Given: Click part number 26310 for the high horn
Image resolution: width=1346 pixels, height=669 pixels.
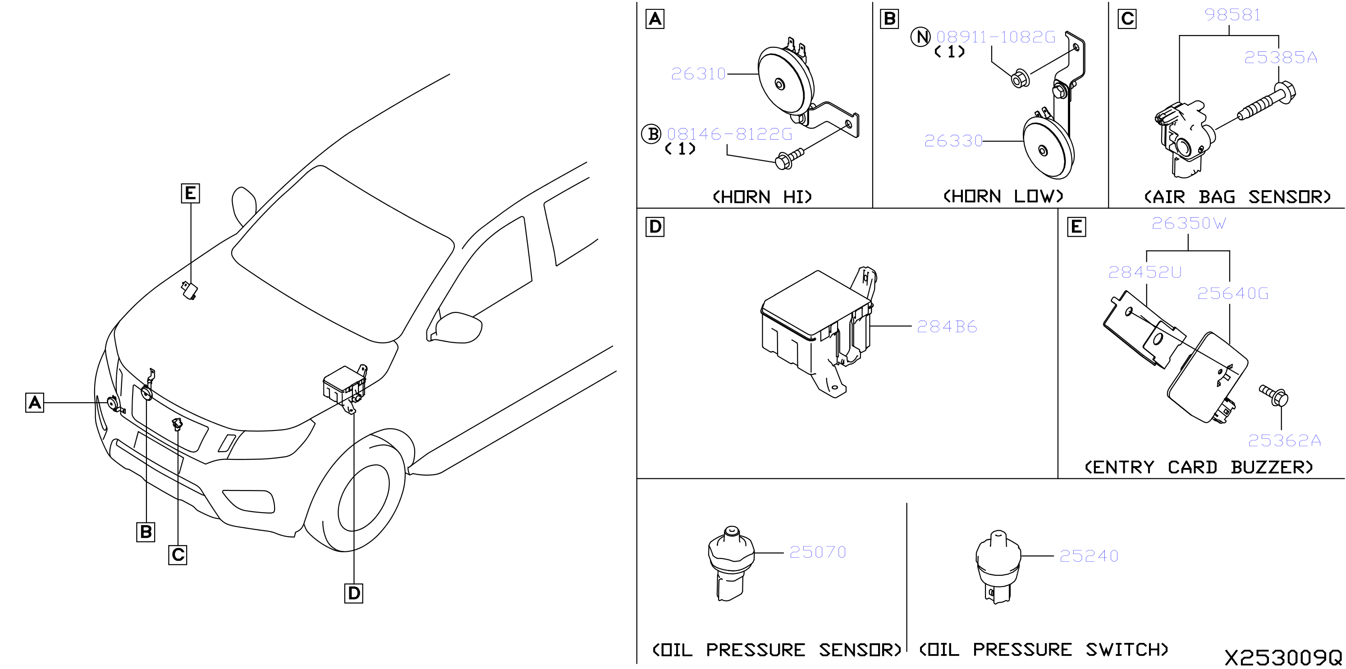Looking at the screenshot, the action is coord(698,73).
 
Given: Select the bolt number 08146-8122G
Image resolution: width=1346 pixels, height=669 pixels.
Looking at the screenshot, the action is coord(729,134).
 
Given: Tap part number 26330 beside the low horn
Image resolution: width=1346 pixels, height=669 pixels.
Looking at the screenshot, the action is coord(953,141).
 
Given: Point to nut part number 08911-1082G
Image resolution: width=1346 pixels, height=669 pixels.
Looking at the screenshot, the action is coord(996,37).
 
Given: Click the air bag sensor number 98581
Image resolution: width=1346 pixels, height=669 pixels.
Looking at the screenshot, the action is coord(1232,14).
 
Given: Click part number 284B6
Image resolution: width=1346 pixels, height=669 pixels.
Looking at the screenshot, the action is coord(947,327).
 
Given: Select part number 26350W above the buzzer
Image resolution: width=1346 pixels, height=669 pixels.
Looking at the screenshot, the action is coord(1189,223).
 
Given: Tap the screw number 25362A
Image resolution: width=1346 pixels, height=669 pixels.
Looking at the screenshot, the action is coord(1284,440).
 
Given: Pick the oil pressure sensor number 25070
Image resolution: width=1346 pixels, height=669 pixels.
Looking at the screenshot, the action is coord(818,552).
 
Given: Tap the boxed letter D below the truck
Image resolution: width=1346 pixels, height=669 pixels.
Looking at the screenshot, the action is coord(354,593).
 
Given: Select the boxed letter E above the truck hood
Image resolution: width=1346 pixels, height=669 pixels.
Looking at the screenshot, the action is coord(190,193).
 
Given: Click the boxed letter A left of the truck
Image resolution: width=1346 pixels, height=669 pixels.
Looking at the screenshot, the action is coord(35,403).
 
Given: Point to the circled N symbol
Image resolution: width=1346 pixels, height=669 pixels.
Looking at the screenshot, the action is coord(920,37).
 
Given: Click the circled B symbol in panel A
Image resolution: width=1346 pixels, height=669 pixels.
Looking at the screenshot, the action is coord(651,134).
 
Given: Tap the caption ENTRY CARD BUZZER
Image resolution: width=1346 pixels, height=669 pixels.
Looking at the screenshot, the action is coord(1199,467).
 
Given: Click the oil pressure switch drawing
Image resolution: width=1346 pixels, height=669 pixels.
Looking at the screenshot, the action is coord(998,567).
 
